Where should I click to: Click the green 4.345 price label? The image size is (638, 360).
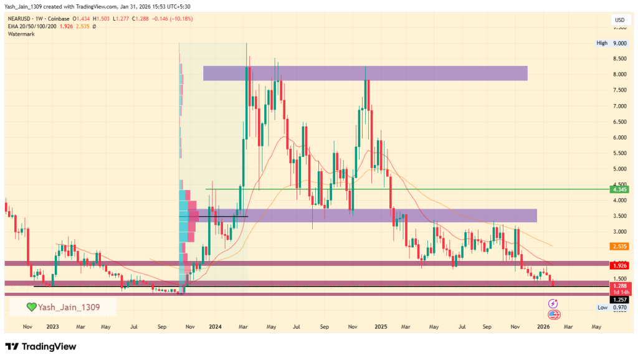coord(620,189)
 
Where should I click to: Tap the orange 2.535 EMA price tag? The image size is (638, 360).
coord(620,246)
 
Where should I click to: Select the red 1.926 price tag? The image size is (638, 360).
coord(620,265)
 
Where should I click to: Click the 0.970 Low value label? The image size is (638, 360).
coord(620,308)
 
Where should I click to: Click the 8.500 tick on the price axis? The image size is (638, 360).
coord(619,59)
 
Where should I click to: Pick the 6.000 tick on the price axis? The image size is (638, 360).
coord(619,138)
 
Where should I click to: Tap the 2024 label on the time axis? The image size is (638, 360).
coord(216,326)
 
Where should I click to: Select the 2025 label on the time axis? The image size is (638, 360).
coord(381,326)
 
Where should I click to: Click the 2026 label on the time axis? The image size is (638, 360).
coord(543,326)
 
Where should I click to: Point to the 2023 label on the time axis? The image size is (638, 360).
coord(52,326)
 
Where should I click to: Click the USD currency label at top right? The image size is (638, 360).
coord(619,20)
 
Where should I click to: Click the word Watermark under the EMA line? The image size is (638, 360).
coord(21,34)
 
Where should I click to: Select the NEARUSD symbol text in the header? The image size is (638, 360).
coord(21,19)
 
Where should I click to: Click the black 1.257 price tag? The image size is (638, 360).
coord(620,299)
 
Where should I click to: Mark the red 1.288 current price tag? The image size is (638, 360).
coord(620,285)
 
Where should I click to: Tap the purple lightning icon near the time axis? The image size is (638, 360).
coord(552,303)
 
